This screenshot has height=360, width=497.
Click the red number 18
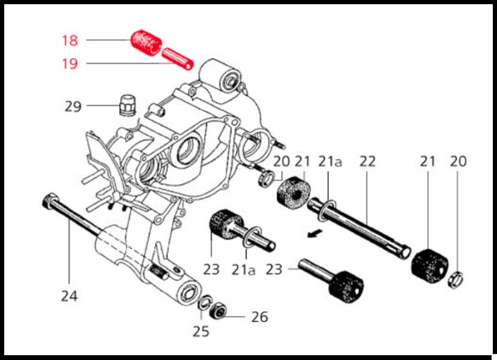pyautogui.click(x=70, y=40)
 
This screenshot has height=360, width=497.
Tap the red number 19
pyautogui.click(x=70, y=64)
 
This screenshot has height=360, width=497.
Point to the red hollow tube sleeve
pyautogui.click(x=178, y=59)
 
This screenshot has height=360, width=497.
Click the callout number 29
pyautogui.click(x=73, y=106)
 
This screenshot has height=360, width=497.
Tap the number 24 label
pyautogui.click(x=69, y=296)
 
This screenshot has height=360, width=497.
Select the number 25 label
pyautogui.click(x=201, y=331)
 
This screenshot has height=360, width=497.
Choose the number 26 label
pyautogui.click(x=259, y=317)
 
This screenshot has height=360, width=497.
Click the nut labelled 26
pyautogui.click(x=218, y=310)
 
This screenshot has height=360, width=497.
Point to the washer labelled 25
pyautogui.click(x=205, y=302)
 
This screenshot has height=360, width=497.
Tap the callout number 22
pyautogui.click(x=368, y=161)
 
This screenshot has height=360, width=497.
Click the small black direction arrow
pyautogui.click(x=315, y=234)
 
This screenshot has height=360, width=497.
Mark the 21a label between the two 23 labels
pyautogui.click(x=244, y=269)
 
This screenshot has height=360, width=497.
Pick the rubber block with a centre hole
pyautogui.click(x=294, y=191)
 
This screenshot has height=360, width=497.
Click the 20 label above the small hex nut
pyautogui.click(x=459, y=161)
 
